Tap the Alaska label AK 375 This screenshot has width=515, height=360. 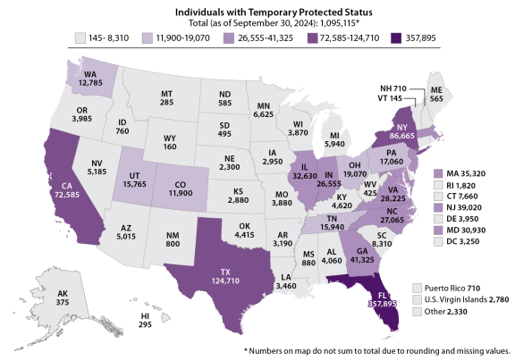tap(37, 297)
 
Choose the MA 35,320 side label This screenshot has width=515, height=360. tap(466, 172)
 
